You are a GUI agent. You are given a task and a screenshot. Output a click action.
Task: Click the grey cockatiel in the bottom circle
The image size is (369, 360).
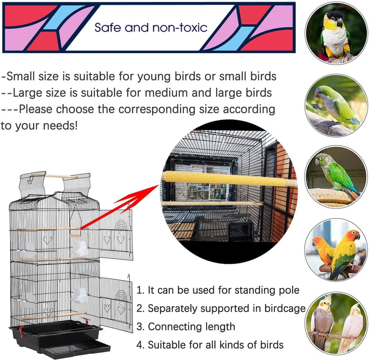(x=322, y=321)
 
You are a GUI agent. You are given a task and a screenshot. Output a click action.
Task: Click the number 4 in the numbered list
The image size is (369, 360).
(x=139, y=345)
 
